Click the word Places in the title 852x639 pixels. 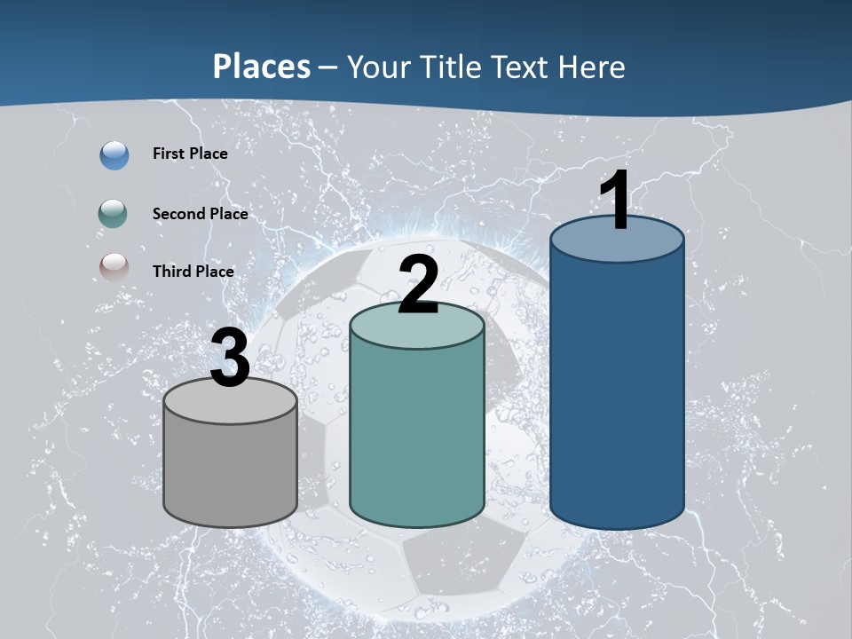pos(262,67)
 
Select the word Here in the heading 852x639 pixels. pos(594,67)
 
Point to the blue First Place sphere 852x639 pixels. pos(114,154)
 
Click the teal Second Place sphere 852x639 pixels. pos(114,214)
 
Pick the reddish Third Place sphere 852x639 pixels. pos(114,267)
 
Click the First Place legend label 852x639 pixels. pos(190,154)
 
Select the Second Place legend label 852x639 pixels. pos(200,214)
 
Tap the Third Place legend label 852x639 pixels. pos(193,272)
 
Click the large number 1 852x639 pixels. pos(615,201)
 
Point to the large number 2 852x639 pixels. pos(419,285)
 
